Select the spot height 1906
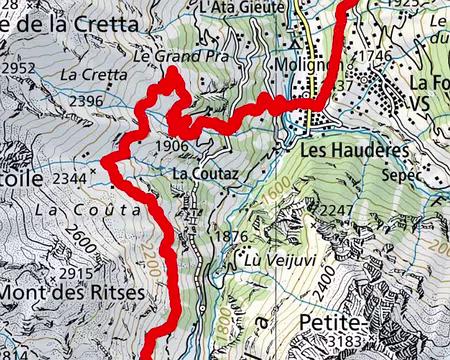tap(173, 146)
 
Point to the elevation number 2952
tap(20, 68)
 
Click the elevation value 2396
tap(87, 101)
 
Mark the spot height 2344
tap(68, 178)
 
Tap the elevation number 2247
tap(336, 212)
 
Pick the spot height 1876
tap(230, 237)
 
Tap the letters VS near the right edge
tap(418, 102)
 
